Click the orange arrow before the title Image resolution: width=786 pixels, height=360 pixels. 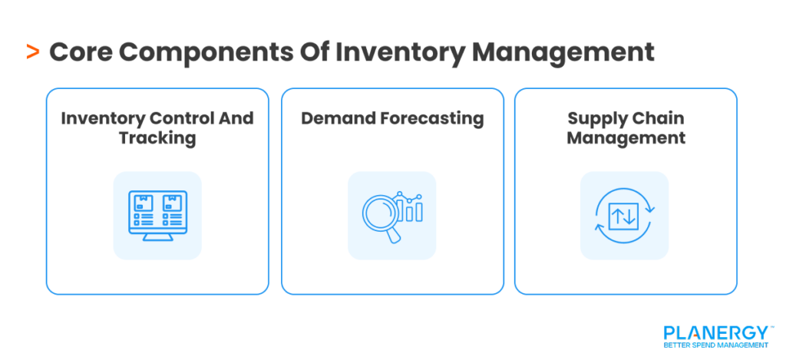32,52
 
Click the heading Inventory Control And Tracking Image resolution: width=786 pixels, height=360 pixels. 157,128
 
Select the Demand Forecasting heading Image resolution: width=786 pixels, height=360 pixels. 392,118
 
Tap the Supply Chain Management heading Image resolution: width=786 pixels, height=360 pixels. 626,128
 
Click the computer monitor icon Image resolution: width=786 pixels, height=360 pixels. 157,216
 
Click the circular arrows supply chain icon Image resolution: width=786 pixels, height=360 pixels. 624,216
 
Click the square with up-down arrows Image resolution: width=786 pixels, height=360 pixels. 624,216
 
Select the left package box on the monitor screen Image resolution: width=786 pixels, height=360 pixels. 143,203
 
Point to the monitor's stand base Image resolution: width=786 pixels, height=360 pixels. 157,239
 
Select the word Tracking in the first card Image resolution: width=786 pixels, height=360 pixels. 157,138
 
